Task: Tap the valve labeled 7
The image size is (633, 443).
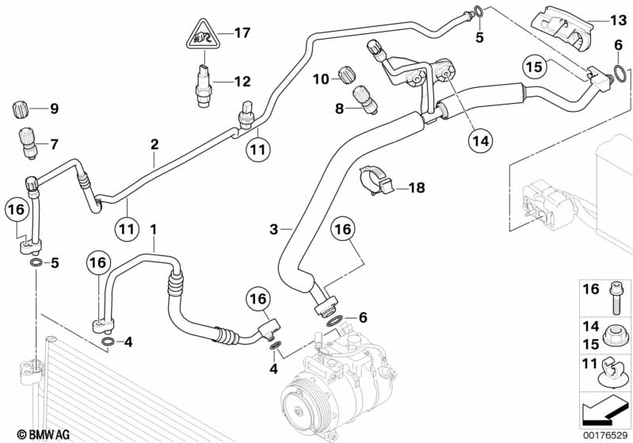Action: point(25,144)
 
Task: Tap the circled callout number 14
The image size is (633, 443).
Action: point(480,141)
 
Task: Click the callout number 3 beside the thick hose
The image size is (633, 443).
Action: point(274,229)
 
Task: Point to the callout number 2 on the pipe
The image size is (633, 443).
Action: point(154,144)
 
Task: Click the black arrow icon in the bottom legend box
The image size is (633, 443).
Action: point(604,411)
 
